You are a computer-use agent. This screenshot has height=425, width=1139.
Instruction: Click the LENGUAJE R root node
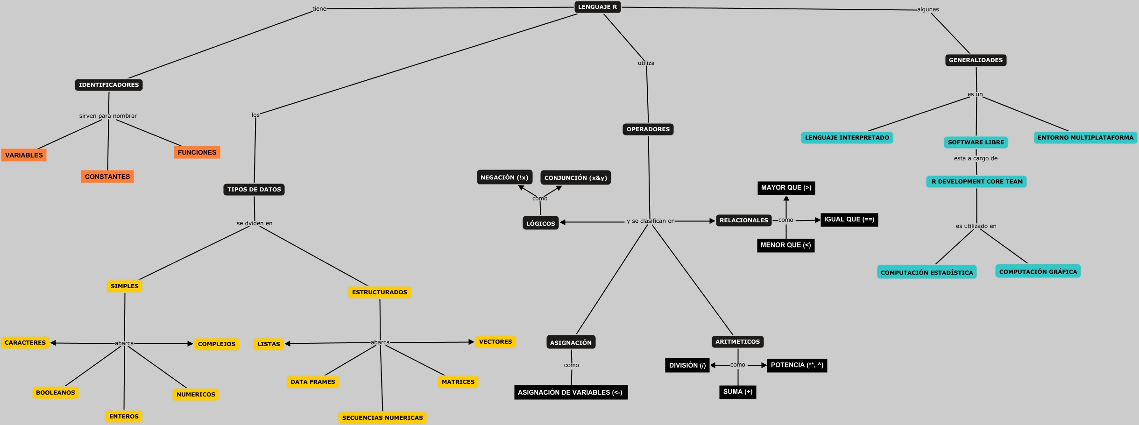[x=597, y=7]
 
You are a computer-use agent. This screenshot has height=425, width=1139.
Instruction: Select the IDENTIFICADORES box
[x=109, y=85]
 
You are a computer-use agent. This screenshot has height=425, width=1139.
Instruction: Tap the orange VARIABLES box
[x=24, y=155]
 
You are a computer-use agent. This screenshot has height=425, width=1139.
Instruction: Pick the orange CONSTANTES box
[x=107, y=177]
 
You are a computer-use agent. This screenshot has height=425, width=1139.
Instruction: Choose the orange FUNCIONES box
[x=197, y=152]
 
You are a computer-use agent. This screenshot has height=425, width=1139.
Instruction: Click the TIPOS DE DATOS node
[x=254, y=190]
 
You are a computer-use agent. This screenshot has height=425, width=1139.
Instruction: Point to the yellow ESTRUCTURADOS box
[x=380, y=292]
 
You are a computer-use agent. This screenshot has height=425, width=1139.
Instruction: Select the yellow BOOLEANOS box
[x=56, y=393]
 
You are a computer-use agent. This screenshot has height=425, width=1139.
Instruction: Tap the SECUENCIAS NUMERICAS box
[x=382, y=418]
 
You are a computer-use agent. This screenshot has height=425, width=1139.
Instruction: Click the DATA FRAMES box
[x=313, y=382]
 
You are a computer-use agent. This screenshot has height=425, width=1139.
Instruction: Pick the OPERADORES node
[x=648, y=129]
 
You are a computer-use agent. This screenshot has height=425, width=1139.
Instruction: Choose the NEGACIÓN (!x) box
[x=504, y=177]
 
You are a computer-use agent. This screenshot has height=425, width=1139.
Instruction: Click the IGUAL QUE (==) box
[x=849, y=220]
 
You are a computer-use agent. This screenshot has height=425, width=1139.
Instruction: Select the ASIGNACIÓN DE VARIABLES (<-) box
[x=570, y=392]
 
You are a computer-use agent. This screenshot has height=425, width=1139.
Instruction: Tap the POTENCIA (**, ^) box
[x=797, y=365]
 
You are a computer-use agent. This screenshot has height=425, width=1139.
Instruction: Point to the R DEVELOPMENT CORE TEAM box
[x=977, y=182]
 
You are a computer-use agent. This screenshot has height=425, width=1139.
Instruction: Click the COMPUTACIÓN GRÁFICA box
[x=1038, y=272]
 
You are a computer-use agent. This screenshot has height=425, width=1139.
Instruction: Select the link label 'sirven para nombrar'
[x=108, y=116]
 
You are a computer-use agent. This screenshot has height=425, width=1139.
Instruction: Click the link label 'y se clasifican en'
[x=651, y=221]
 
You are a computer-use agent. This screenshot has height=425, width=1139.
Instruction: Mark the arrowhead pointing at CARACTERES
[x=53, y=343]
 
